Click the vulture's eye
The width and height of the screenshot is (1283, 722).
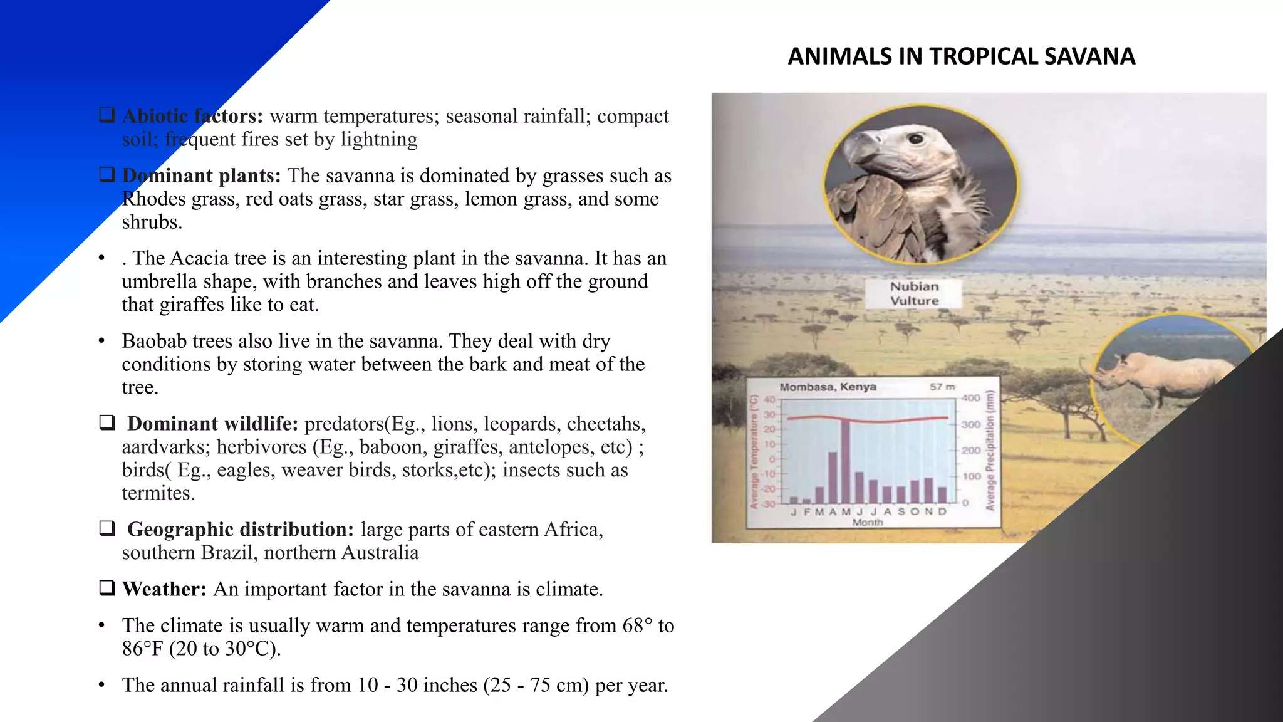pos(915,139)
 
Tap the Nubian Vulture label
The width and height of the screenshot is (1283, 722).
pos(914,293)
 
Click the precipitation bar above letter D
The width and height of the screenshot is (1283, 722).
pos(942,494)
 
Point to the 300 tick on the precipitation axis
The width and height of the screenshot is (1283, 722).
pos(970,424)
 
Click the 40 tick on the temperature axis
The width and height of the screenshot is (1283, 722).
pos(769,399)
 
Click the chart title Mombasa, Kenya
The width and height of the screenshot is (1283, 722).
pos(827,387)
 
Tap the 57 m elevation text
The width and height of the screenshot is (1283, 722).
pos(942,387)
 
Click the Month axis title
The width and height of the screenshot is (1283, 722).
pos(867,522)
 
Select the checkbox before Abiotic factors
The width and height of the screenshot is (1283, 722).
pos(107,115)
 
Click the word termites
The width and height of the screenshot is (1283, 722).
pos(158,493)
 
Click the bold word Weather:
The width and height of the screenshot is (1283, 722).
pos(164,589)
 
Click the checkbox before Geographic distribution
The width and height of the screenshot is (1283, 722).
pos(107,528)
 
